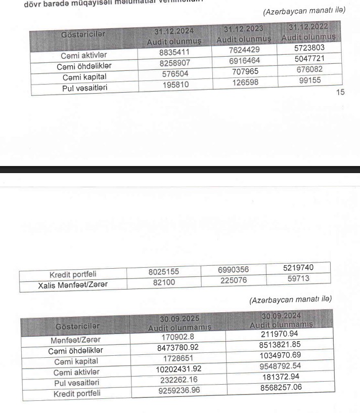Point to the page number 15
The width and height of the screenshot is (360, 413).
[340, 93]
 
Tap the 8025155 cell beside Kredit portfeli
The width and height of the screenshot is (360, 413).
[163, 272]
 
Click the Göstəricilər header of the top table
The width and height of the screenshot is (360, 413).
[82, 34]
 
